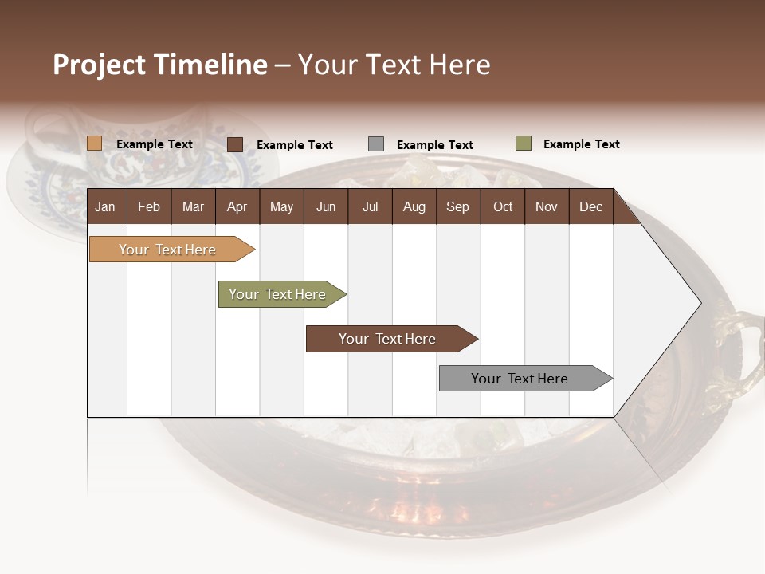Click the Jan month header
click(105, 206)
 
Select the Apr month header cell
click(237, 206)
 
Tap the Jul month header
click(370, 206)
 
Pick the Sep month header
click(457, 206)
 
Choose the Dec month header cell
click(590, 206)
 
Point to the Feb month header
click(149, 206)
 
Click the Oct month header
click(503, 206)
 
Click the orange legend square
click(95, 143)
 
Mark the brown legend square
click(235, 144)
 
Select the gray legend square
click(376, 144)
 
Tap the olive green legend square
click(524, 143)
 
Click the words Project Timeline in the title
click(160, 65)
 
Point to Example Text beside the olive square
click(581, 144)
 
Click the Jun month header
click(326, 206)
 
